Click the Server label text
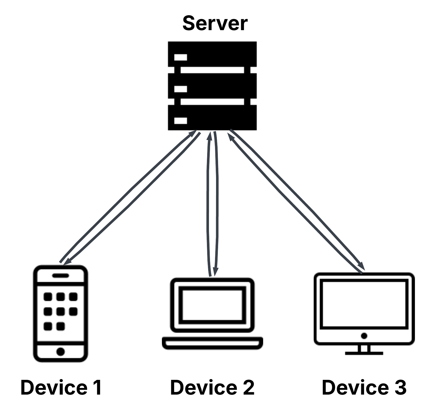(215, 23)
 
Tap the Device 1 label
(61, 387)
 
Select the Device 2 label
(212, 387)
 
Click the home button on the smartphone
(61, 352)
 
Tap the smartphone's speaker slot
(60, 276)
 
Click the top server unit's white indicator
(181, 57)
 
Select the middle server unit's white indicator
(181, 89)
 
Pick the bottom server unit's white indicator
(181, 121)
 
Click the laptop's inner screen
(212, 305)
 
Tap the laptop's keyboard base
(212, 343)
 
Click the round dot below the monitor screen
(364, 336)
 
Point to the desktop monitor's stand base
(364, 353)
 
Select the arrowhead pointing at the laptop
(215, 272)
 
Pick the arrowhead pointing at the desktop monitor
(362, 267)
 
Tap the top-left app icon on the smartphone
(48, 297)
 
